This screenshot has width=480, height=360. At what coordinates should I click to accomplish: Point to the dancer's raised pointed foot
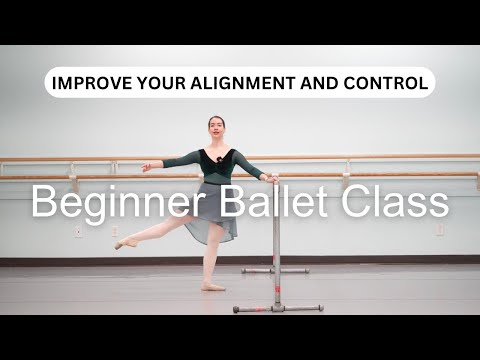pyautogui.click(x=121, y=243)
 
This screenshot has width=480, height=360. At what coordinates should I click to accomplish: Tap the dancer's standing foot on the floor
pyautogui.click(x=212, y=287)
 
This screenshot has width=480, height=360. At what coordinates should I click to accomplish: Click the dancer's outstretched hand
pyautogui.click(x=147, y=167)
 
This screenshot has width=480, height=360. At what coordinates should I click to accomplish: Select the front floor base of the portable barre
pyautogui.click(x=277, y=308)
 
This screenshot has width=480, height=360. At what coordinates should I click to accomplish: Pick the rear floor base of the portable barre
pyautogui.click(x=275, y=270)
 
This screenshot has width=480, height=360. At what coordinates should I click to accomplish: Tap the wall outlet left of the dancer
pyautogui.click(x=78, y=232)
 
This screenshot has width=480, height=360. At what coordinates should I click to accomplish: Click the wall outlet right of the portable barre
pyautogui.click(x=439, y=230)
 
